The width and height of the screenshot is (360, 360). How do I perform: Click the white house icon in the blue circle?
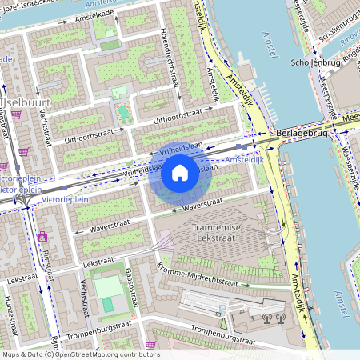180,173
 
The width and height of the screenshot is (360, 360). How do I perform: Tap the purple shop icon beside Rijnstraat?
42,237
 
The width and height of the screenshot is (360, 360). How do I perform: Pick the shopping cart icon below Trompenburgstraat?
150,346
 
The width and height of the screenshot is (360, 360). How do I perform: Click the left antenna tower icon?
266,318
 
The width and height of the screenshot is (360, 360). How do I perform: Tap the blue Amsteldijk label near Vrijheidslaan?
244,161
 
